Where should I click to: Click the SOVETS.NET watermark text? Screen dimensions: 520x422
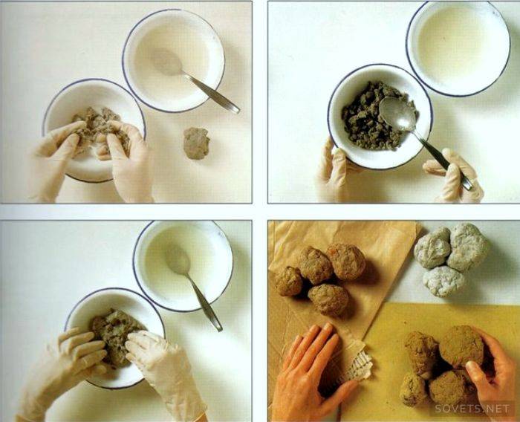pyautogui.click(x=472, y=409)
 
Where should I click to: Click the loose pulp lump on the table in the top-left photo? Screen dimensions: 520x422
pyautogui.click(x=196, y=143)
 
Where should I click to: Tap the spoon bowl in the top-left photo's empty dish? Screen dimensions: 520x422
pyautogui.click(x=166, y=62)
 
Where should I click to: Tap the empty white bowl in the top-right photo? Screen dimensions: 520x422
pyautogui.click(x=459, y=48)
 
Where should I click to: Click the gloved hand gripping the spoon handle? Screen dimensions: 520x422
pyautogui.click(x=455, y=177)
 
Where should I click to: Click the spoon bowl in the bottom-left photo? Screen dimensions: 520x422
pyautogui.click(x=178, y=259)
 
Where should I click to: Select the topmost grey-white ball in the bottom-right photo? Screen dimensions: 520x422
pyautogui.click(x=468, y=246)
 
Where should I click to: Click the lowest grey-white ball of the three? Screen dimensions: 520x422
pyautogui.click(x=443, y=281)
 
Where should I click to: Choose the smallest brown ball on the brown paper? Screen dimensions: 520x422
pyautogui.click(x=288, y=281)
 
